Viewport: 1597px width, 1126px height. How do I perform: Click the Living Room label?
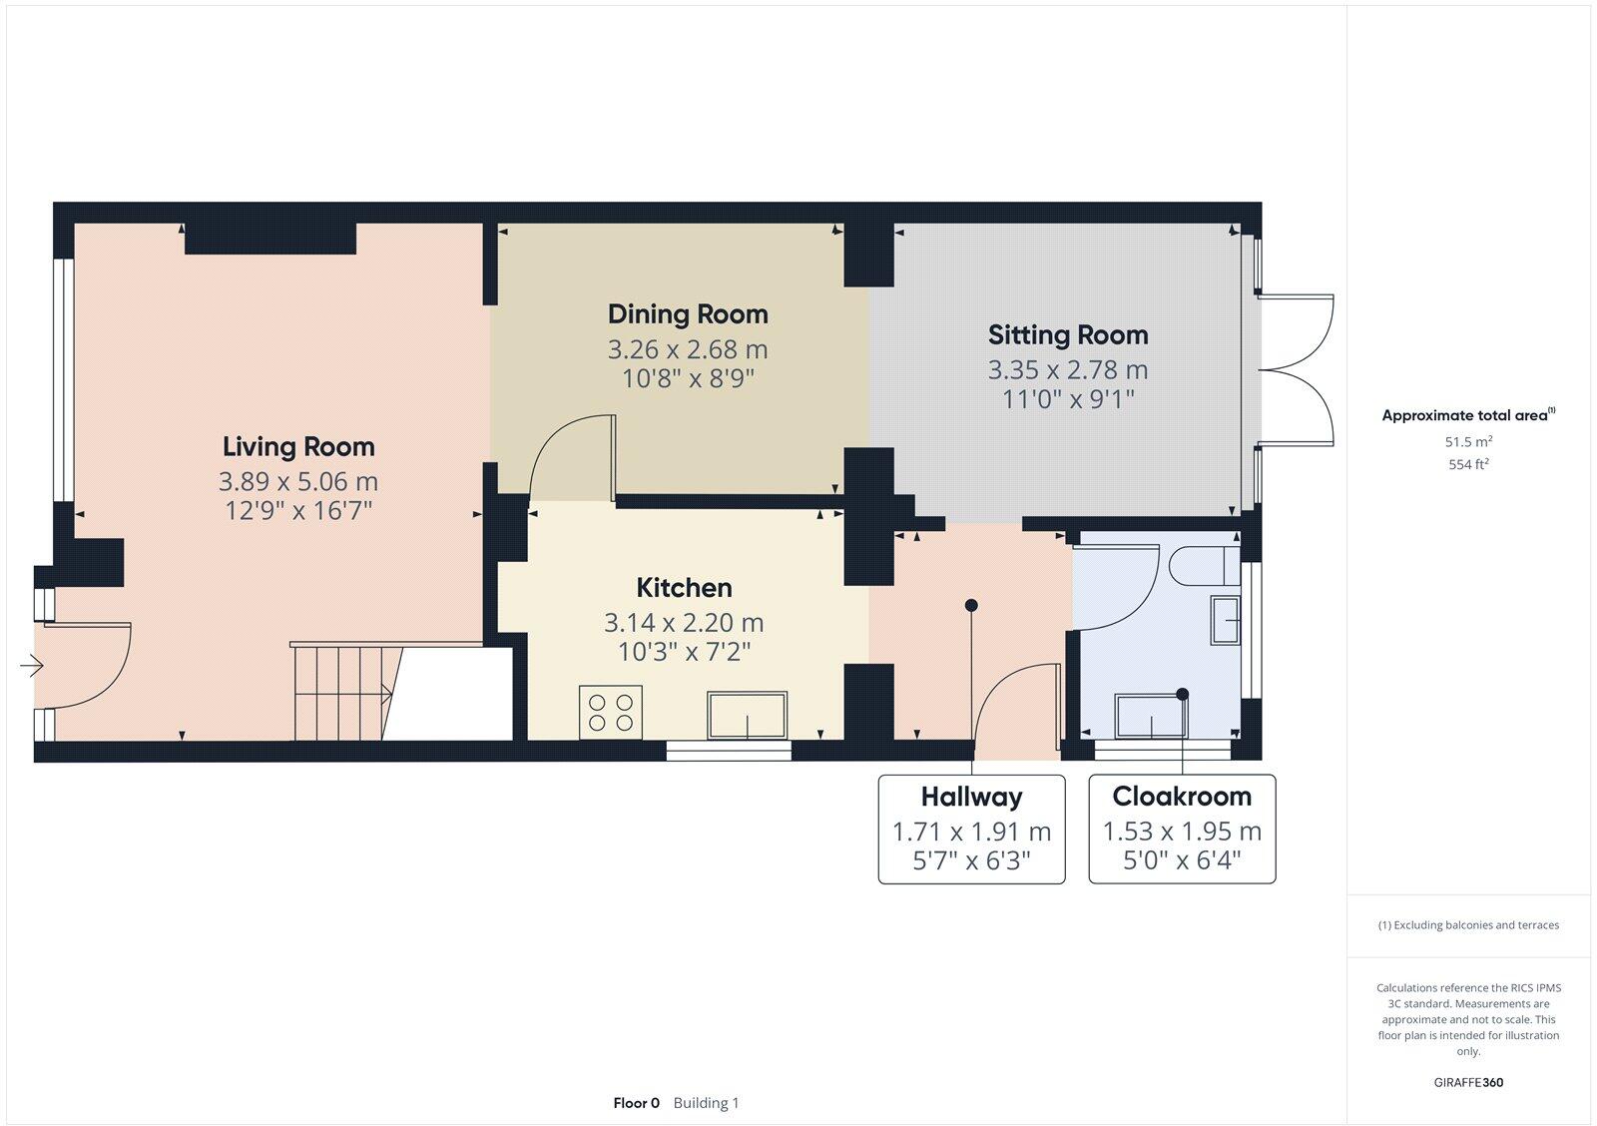[298, 446]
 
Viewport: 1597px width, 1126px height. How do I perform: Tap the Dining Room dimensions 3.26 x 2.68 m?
[688, 349]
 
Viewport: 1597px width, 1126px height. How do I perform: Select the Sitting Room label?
[1068, 334]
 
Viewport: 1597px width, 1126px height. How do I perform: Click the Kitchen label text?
[684, 587]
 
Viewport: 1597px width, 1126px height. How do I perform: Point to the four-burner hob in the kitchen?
[611, 712]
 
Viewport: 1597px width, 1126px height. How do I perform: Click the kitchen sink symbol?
[747, 715]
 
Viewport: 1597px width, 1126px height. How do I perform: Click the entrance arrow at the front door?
[32, 665]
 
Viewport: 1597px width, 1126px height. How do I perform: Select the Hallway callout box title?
[971, 797]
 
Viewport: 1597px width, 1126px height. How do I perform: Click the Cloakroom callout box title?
[1182, 797]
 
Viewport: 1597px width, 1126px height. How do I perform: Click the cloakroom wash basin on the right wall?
[1226, 620]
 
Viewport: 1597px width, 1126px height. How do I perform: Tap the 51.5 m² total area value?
[1468, 441]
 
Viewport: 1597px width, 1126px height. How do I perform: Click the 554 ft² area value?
[1468, 464]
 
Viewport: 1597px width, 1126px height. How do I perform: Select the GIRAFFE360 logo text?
[1468, 1082]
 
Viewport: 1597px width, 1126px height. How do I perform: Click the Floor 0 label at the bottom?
[636, 1103]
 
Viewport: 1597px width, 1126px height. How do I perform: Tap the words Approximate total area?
[1464, 415]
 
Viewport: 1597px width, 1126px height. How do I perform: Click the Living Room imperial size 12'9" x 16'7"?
[298, 511]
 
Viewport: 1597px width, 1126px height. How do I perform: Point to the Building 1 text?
[706, 1103]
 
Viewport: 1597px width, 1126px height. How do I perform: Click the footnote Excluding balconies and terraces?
[1468, 925]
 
